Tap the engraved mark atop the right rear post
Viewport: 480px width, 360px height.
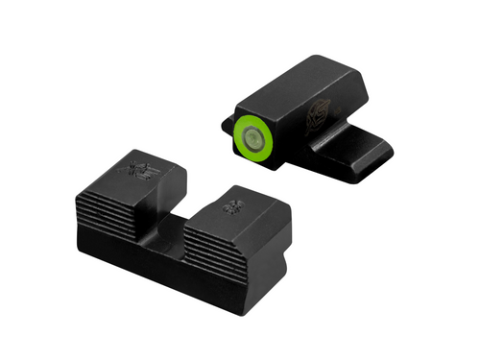coord(231,205)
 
